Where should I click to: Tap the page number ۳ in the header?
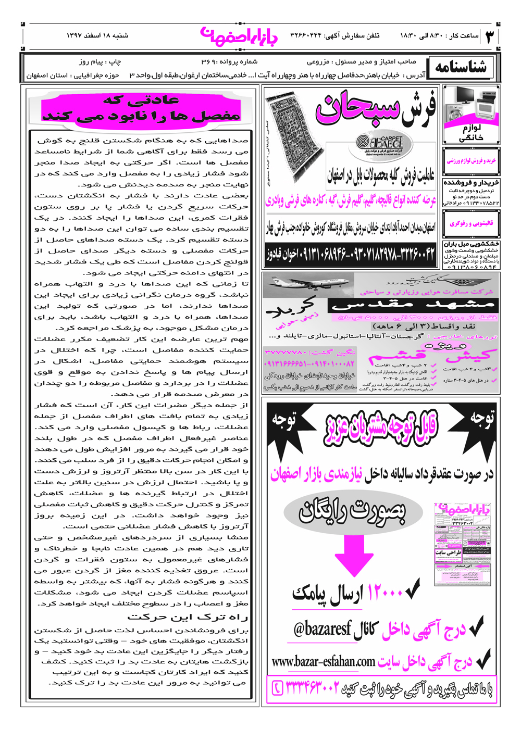(x=490, y=36)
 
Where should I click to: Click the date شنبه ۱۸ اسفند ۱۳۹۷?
(x=97, y=36)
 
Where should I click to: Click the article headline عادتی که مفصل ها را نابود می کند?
(x=142, y=108)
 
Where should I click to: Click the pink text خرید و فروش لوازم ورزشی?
(x=471, y=161)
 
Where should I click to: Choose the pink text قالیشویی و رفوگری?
(x=471, y=224)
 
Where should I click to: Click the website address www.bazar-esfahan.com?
(x=324, y=662)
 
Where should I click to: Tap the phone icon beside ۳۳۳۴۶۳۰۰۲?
(x=278, y=688)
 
